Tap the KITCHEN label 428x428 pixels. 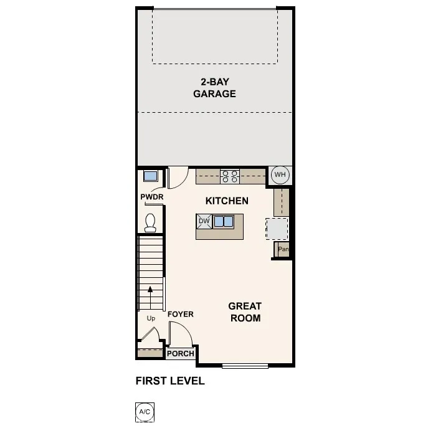pos(227,201)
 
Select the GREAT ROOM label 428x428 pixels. pos(244,311)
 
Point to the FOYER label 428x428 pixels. pos(181,315)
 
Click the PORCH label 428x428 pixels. pos(181,354)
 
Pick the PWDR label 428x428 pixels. pos(151,197)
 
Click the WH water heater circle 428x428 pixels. pos(280,174)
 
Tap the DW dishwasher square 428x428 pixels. pos(204,221)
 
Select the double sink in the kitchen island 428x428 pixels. pos(224,221)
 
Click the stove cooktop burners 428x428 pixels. pos(229,176)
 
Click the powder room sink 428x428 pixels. pos(150,176)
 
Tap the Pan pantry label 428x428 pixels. pos(283,250)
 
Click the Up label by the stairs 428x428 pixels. pos(151,318)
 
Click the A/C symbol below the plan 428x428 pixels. pos(144,412)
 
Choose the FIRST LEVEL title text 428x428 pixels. pos(169,381)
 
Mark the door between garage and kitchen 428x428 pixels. pos(177,176)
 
